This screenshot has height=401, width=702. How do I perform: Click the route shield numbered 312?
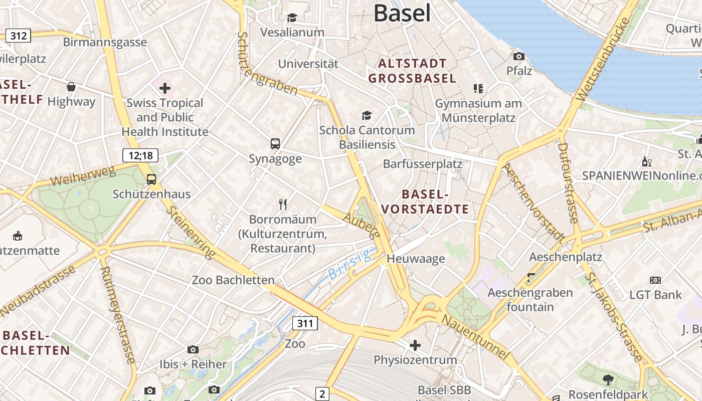coord(18,36)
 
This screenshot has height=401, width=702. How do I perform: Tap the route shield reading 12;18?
coord(140,155)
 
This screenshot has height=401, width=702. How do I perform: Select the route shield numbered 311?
coord(305,323)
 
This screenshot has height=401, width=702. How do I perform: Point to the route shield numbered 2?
coord(322,394)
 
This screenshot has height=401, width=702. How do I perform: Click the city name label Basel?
coord(402,13)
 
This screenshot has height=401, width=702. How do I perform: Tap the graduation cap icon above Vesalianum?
coord(292,18)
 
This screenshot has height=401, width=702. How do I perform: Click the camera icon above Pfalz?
coord(519,56)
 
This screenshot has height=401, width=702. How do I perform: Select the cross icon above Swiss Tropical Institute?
coord(164,89)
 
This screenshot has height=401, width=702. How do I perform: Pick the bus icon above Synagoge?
coord(275,144)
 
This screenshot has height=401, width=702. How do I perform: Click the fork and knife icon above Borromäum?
coord(283,204)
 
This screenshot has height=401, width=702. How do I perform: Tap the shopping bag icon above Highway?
coord(71,87)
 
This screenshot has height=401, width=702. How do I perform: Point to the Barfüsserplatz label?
coord(422,164)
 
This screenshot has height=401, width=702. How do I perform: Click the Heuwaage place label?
coord(416,259)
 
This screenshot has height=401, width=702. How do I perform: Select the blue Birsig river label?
coord(349,265)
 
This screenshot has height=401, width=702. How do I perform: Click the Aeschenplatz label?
coord(566,257)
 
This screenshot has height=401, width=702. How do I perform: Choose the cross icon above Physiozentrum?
coord(415,345)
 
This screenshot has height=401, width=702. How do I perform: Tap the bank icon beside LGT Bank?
coord(655,280)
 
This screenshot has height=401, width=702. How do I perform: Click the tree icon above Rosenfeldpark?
coord(608,379)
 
